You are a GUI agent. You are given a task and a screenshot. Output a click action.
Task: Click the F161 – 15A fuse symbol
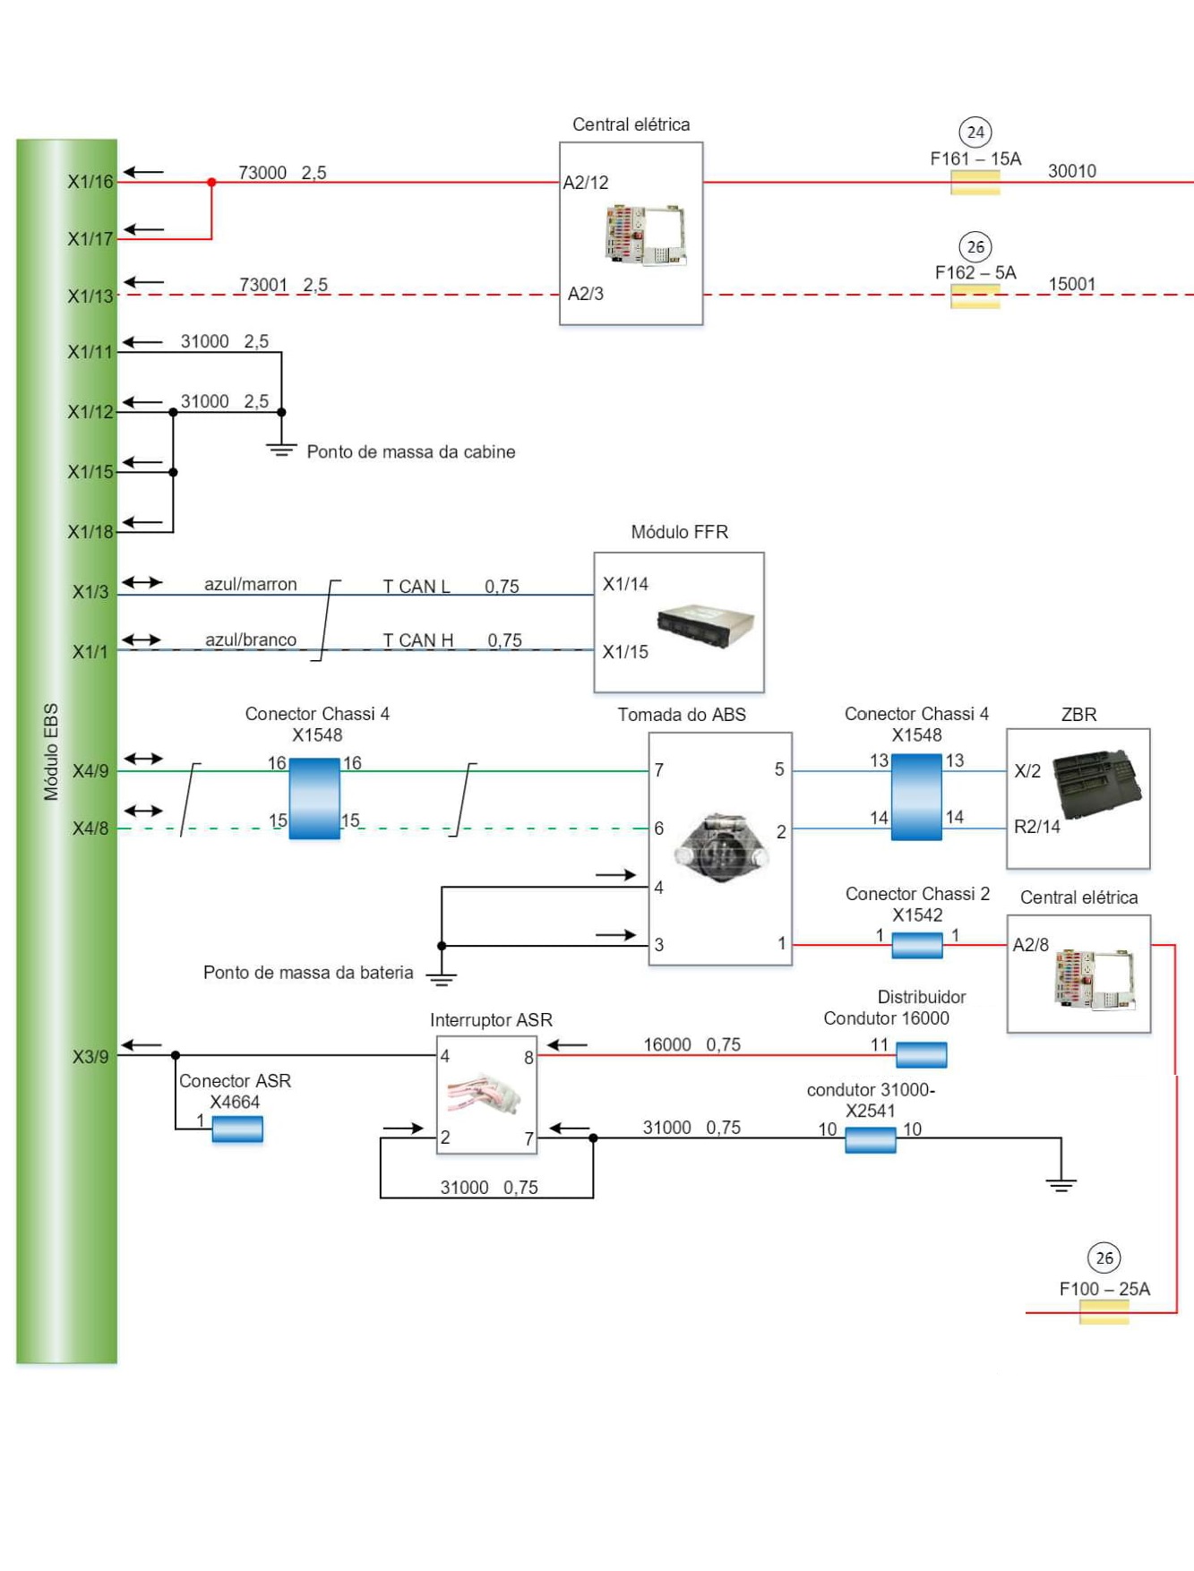tap(975, 183)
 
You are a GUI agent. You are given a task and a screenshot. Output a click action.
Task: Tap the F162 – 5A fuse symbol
tap(975, 296)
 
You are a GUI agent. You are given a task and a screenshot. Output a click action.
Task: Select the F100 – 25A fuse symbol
tap(1104, 1312)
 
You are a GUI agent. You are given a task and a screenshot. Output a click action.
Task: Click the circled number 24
tap(975, 133)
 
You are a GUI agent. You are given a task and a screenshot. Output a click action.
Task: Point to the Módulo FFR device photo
tap(705, 623)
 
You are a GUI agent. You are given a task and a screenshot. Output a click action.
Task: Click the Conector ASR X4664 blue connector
tap(237, 1129)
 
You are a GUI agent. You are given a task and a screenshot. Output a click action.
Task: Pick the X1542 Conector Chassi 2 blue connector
tap(917, 945)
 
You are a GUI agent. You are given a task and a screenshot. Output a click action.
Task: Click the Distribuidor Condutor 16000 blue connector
tap(921, 1055)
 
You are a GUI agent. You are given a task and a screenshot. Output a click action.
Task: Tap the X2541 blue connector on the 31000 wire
tap(871, 1139)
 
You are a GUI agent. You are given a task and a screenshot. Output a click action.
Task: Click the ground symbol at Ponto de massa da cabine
tap(281, 449)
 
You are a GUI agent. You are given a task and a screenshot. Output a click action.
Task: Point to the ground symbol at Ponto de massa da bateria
tap(441, 977)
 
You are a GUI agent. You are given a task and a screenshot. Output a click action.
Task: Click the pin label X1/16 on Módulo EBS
tap(90, 182)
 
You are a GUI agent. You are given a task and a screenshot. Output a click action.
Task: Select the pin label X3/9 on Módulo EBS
tap(90, 1057)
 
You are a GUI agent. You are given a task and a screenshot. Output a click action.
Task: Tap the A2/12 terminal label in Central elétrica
tap(586, 183)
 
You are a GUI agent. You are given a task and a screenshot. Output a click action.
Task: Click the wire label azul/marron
tap(251, 584)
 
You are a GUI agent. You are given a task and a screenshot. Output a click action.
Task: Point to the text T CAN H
tap(418, 640)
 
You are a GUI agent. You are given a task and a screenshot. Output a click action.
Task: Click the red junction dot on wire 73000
tap(211, 183)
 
